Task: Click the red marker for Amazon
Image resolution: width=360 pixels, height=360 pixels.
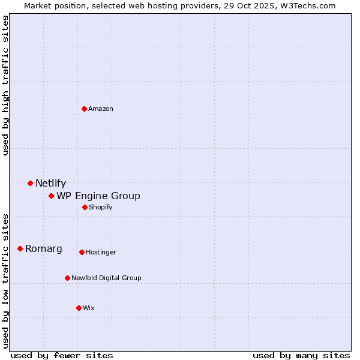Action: coord(84,109)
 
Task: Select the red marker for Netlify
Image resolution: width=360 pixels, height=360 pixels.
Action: coord(30,183)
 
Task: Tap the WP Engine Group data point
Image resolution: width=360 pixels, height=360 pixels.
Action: coord(51,196)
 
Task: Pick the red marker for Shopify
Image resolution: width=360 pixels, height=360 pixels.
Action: coord(85,207)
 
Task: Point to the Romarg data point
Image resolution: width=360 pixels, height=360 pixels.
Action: coord(20,248)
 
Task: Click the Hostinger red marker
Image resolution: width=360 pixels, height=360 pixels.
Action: coord(82,252)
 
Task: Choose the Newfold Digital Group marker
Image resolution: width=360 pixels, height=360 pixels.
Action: coord(67,278)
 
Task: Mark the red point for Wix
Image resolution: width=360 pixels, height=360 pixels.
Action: coord(79,308)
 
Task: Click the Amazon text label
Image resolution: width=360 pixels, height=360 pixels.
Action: coord(101,109)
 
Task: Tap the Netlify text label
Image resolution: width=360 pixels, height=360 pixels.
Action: coord(50,183)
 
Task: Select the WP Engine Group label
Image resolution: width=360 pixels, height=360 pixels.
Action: coord(98,196)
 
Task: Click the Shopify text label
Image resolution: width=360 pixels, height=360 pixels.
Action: coord(101,207)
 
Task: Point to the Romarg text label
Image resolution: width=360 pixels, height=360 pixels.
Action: coord(44,248)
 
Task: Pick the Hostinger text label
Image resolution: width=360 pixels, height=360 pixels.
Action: coord(101,252)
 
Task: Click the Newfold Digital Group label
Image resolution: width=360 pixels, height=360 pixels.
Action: coord(106,278)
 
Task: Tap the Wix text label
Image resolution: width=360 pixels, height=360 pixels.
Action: coord(89,308)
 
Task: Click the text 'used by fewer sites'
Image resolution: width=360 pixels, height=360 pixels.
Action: coord(62,355)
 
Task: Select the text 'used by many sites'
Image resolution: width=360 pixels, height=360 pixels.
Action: coord(301,355)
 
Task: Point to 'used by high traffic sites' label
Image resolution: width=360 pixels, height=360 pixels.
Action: coord(5,85)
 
